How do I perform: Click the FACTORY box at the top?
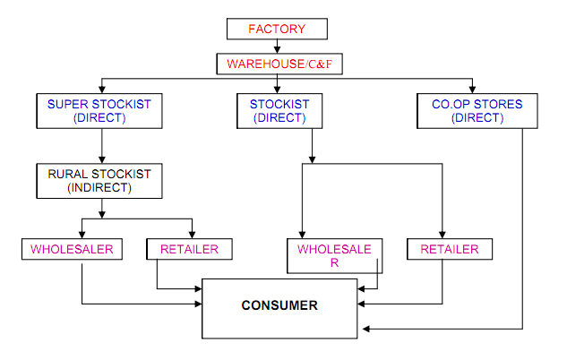click(277, 29)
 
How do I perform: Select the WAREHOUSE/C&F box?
click(277, 64)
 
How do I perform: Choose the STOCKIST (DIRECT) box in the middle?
click(279, 110)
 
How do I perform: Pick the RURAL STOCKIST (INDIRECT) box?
click(100, 180)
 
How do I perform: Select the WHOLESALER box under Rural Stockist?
click(73, 249)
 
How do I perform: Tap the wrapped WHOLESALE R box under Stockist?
click(334, 255)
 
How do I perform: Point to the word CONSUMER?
click(279, 305)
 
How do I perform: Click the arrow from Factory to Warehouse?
click(277, 47)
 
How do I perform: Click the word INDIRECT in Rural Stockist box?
click(101, 187)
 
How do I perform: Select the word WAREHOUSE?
click(262, 64)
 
